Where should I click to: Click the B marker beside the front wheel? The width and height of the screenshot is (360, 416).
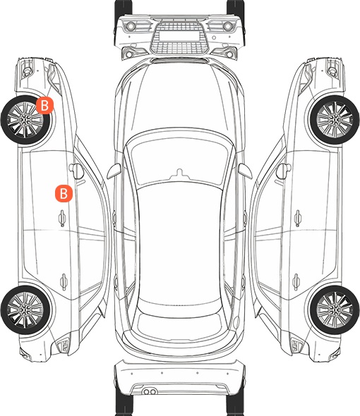point(45,105)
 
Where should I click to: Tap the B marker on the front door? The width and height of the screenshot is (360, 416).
point(64,193)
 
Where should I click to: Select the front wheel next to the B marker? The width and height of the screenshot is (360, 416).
point(25,120)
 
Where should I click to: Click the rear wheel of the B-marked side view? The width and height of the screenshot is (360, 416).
point(25,310)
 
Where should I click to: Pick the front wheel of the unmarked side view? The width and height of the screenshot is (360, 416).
point(335,120)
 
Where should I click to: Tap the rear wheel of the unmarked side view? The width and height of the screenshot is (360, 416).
point(335,310)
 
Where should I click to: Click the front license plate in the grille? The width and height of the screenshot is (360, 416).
point(179,36)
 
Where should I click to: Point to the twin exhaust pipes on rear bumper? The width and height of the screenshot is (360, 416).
point(150,391)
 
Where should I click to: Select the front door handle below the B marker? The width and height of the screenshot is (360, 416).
point(62,218)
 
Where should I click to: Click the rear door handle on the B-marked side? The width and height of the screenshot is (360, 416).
point(64,282)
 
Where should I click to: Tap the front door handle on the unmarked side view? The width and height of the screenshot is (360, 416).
point(298,218)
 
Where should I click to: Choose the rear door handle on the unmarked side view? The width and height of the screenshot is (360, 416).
point(296,282)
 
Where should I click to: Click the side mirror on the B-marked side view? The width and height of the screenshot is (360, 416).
point(76,171)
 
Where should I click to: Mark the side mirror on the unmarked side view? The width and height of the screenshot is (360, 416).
point(284,171)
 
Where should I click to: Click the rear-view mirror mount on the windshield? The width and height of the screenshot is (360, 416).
point(180,173)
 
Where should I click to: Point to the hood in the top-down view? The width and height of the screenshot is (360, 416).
point(179,98)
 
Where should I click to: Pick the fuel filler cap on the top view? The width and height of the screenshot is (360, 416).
point(236,322)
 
